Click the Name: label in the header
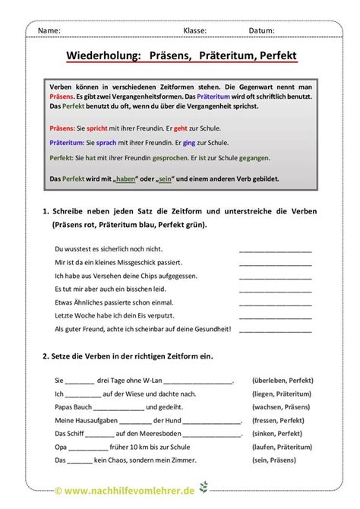49,30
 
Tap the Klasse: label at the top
195,30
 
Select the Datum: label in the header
261,30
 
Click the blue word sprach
103,143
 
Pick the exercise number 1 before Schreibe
46,210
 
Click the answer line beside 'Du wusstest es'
275,248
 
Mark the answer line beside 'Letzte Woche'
275,315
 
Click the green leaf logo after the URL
202,489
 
